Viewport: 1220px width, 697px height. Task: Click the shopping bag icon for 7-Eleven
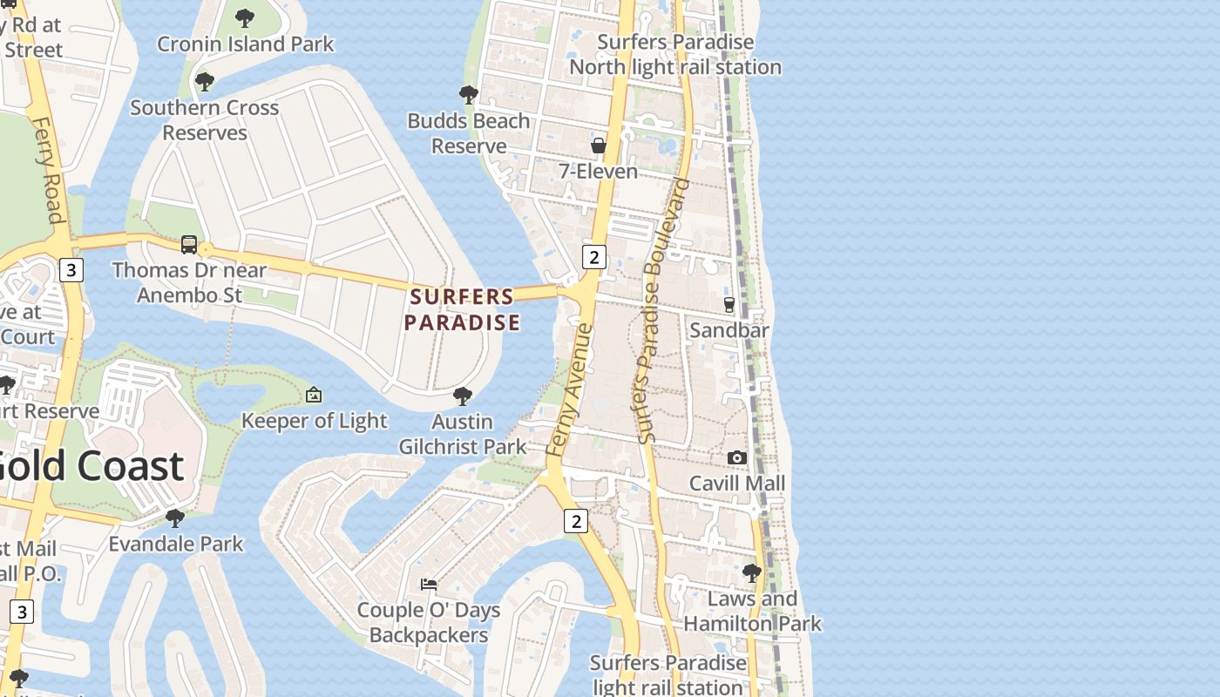(x=599, y=145)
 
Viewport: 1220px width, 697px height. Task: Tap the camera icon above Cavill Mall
(x=737, y=457)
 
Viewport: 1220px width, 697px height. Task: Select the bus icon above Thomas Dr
(x=189, y=245)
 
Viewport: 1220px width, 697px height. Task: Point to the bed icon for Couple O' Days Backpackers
(x=429, y=584)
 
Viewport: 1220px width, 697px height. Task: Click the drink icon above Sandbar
(x=729, y=305)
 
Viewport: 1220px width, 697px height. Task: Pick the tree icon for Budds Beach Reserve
(x=469, y=94)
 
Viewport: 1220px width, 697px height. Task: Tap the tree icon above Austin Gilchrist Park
(x=463, y=396)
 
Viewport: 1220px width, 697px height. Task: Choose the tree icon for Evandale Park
(x=175, y=518)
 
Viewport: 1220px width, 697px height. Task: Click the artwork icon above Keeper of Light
(x=314, y=396)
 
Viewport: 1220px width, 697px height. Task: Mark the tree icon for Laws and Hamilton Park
(x=751, y=573)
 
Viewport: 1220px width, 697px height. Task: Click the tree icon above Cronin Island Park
(x=245, y=17)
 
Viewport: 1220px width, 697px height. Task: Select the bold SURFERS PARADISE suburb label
(x=462, y=309)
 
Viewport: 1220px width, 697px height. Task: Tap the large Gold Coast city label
(x=91, y=467)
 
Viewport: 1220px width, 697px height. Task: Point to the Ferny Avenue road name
(x=571, y=389)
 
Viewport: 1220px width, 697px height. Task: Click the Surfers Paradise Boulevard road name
(x=663, y=311)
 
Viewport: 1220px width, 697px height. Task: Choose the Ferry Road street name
(x=50, y=171)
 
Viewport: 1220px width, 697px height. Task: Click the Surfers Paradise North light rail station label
(x=675, y=54)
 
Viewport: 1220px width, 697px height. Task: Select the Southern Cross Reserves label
(x=205, y=120)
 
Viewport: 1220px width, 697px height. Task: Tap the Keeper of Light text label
(x=314, y=421)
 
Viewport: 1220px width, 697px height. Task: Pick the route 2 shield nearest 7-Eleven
(x=593, y=257)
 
